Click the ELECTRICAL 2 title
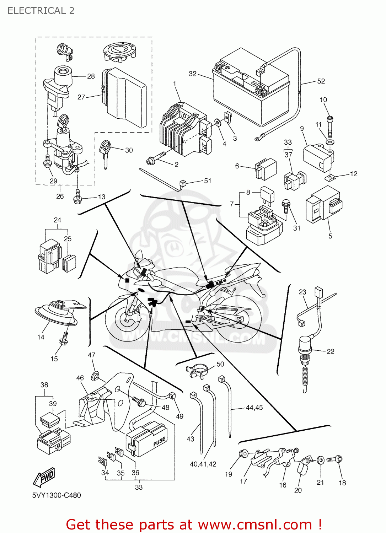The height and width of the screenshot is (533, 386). tap(41, 11)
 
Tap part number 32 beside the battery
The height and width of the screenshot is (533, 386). tap(192, 74)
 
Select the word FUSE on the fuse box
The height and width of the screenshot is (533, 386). tap(159, 442)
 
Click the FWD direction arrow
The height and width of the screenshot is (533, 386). tap(44, 477)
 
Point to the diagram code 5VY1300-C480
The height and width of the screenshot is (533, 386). tap(57, 495)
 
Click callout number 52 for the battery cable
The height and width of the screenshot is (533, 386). tap(321, 81)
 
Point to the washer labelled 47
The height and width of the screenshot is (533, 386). tap(95, 375)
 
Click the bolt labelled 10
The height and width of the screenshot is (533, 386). tap(330, 126)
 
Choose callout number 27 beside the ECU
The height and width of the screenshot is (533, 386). tap(81, 97)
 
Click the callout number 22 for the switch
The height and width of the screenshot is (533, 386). tap(331, 351)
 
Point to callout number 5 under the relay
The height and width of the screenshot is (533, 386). tap(330, 236)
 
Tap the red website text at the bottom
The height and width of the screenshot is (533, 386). tap(194, 524)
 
